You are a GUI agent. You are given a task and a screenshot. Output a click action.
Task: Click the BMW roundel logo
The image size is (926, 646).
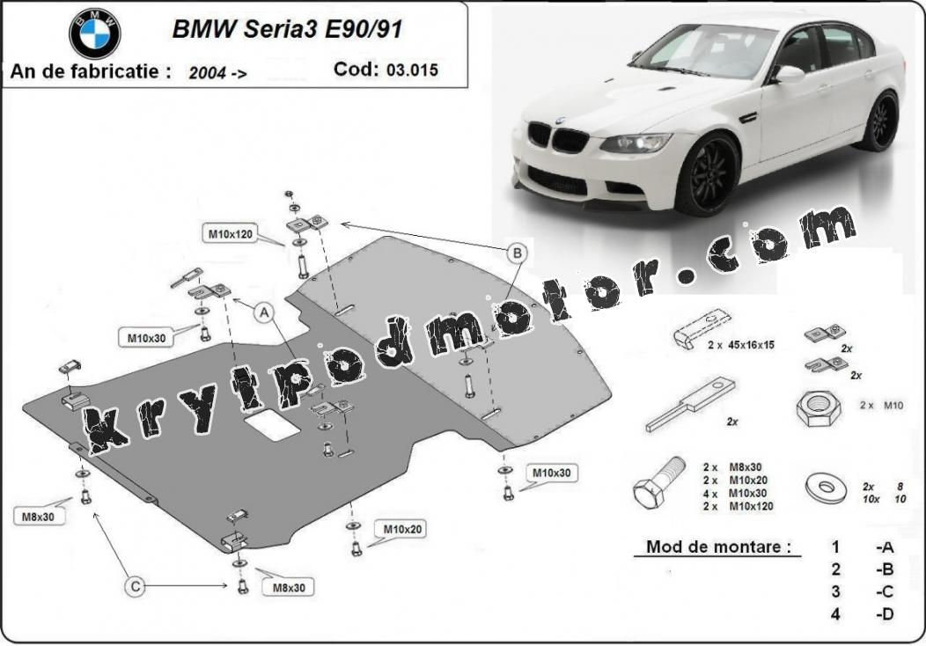coord(94,33)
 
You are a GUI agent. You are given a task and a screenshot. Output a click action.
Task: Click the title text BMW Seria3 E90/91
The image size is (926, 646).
coord(287,29)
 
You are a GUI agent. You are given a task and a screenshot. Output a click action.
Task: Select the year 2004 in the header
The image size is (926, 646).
coord(208,73)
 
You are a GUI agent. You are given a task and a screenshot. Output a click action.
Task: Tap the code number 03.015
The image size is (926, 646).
coord(412,70)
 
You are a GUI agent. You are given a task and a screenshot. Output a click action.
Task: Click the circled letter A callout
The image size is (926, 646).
coord(263,312)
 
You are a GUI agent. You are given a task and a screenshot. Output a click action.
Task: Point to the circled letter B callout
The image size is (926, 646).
coord(518,253)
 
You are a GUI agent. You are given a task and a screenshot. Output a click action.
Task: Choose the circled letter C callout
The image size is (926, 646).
coord(136,586)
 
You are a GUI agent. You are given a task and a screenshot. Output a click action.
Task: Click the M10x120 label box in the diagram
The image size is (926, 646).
coord(231,234)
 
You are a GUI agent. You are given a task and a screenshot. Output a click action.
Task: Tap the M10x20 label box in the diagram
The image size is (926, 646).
coord(403,529)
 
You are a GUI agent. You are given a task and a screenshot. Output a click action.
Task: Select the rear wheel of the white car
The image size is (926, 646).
coord(880,121)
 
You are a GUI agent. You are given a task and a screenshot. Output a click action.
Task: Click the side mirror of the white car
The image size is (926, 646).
coord(790,74)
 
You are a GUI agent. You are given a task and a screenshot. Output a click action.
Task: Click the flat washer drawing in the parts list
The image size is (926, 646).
coord(827,488)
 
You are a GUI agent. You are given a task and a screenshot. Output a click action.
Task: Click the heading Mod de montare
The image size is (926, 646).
coord(718,547)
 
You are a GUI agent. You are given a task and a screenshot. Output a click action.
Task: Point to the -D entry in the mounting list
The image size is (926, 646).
coord(885,614)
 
